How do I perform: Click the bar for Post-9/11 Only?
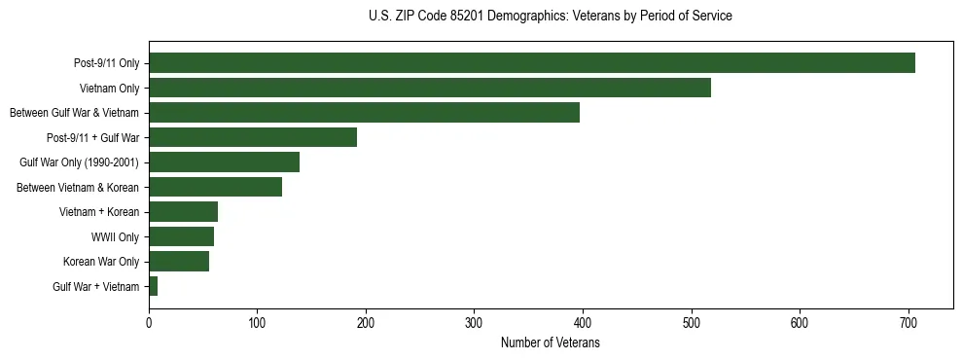(531, 63)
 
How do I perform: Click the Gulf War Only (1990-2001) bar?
(224, 162)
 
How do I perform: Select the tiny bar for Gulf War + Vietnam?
(153, 286)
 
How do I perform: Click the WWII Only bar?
(181, 236)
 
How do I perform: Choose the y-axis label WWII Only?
(115, 236)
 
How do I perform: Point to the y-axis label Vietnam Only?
(110, 89)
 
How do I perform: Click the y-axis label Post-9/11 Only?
(106, 63)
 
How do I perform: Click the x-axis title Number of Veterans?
(550, 343)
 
